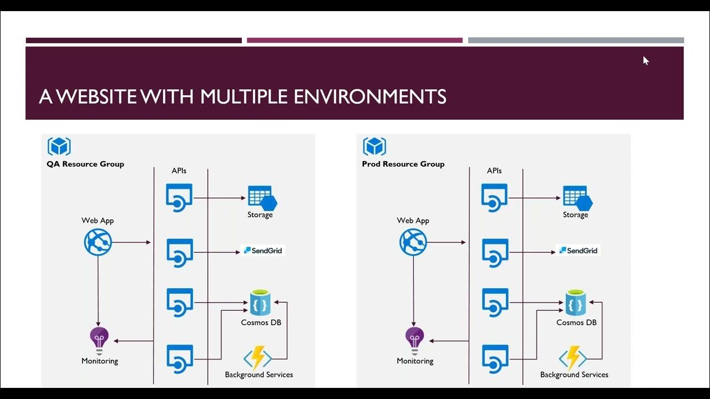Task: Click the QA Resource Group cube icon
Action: [59, 147]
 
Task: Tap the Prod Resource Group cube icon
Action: [374, 147]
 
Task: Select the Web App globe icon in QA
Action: [98, 242]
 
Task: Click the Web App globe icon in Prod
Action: [413, 242]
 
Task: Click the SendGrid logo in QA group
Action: [263, 250]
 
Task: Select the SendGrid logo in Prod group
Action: [578, 250]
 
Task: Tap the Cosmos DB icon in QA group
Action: [260, 303]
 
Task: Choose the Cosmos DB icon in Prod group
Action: [576, 303]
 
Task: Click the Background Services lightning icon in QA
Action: [258, 358]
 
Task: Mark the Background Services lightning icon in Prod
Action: [573, 358]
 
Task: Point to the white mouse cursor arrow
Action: [646, 60]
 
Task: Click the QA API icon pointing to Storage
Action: [179, 198]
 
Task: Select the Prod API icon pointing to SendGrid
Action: [495, 252]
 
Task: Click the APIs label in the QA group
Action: [179, 171]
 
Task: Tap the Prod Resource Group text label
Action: [403, 164]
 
